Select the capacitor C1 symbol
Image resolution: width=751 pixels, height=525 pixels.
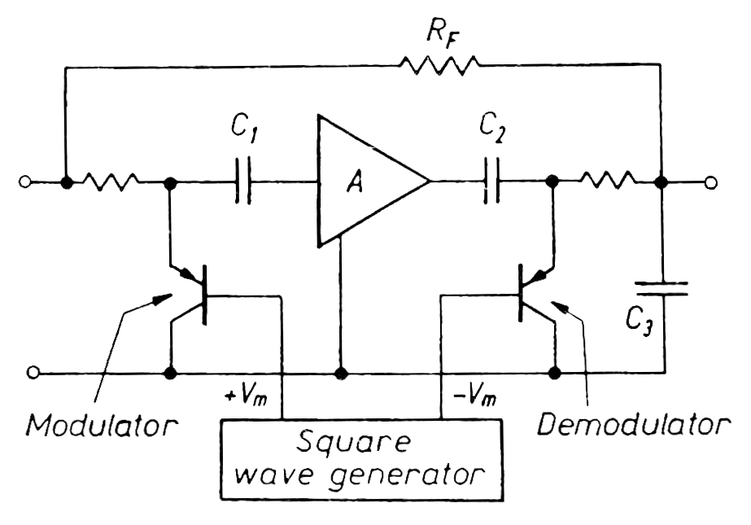tap(242, 180)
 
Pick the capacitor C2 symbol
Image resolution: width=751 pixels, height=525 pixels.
tap(490, 180)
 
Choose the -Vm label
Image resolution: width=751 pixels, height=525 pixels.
tap(466, 397)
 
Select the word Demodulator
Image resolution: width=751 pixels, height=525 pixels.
tap(634, 424)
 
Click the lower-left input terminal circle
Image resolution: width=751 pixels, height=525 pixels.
tap(33, 374)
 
